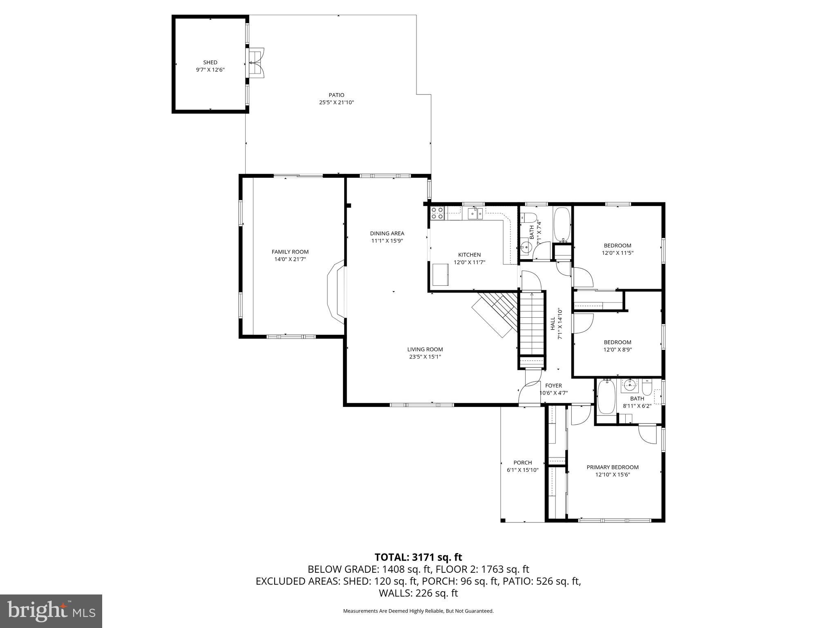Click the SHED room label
click(x=210, y=63)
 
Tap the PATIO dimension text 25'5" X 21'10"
click(x=336, y=103)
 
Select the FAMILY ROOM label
click(x=290, y=252)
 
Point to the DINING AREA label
click(x=387, y=233)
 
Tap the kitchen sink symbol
click(x=475, y=213)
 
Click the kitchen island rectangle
click(x=441, y=275)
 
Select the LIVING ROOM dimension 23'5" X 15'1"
click(x=425, y=357)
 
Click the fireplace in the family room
click(x=336, y=293)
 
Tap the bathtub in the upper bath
click(x=562, y=224)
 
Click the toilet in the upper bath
click(x=528, y=217)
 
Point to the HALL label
click(x=553, y=323)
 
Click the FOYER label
click(x=553, y=386)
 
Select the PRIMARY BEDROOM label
click(x=612, y=467)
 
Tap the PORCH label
click(x=523, y=463)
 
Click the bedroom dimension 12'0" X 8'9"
click(x=618, y=350)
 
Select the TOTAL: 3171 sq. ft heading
click(x=418, y=557)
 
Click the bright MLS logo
click(x=51, y=611)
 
